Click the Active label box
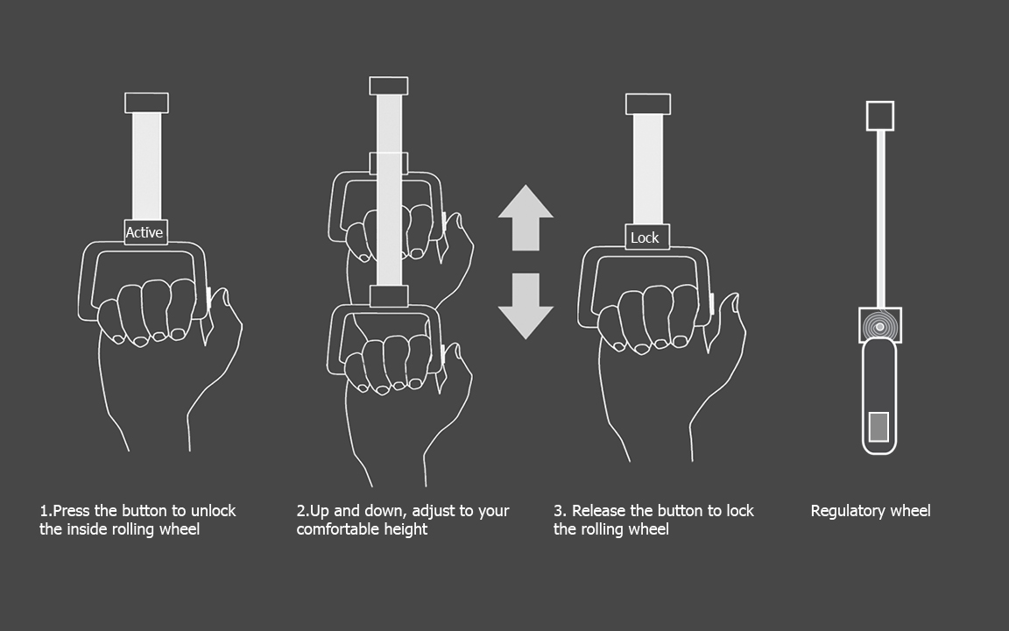(145, 232)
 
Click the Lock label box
(647, 237)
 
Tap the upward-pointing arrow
(526, 217)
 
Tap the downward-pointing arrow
(526, 306)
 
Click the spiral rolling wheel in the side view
(879, 326)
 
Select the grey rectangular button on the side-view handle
(879, 427)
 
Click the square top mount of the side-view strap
(879, 116)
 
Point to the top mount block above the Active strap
(147, 103)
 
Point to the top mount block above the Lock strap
(648, 104)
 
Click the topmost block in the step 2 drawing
(389, 86)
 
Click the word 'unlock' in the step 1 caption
(214, 511)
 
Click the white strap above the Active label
(147, 167)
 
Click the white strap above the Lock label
(648, 169)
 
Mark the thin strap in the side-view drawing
(881, 220)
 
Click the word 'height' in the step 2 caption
(409, 529)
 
